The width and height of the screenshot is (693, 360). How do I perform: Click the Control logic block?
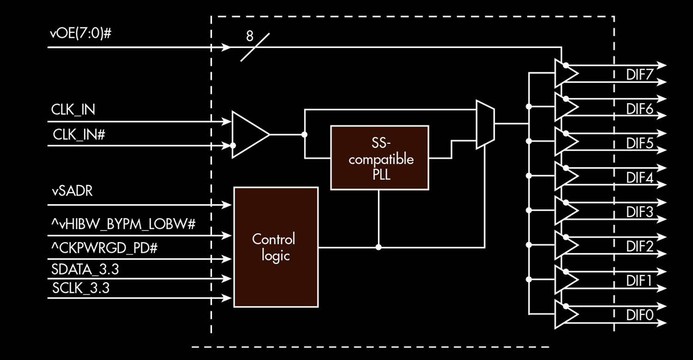click(276, 247)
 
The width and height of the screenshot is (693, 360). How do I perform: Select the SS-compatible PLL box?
click(379, 158)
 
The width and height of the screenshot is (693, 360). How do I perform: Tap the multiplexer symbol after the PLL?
click(485, 125)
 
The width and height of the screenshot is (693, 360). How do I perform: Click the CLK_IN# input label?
click(79, 134)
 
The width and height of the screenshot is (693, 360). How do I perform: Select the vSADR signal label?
click(72, 190)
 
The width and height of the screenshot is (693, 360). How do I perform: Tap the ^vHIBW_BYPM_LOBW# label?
click(123, 225)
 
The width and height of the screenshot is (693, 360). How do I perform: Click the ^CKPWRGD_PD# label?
click(104, 248)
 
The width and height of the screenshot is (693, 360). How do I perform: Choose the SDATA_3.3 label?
click(85, 269)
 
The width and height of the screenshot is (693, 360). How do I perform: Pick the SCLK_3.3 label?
click(81, 288)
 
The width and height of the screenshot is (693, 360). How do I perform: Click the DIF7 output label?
click(639, 75)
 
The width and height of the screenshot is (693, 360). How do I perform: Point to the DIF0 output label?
click(639, 315)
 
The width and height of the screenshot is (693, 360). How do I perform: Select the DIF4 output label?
click(639, 177)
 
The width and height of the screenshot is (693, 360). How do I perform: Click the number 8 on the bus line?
click(249, 36)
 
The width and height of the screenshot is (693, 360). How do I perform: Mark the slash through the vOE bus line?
click(255, 47)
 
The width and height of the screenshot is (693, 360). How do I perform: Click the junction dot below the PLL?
click(378, 247)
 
